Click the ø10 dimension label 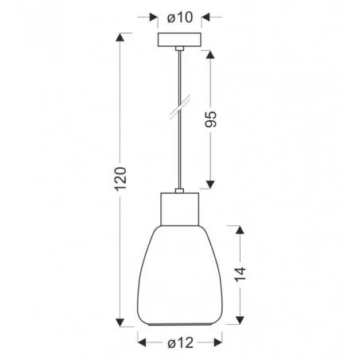tap(179, 17)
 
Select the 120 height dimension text tap(119, 182)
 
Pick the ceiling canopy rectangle tap(179, 41)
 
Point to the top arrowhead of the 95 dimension tap(210, 53)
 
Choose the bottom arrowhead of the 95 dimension tap(210, 186)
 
